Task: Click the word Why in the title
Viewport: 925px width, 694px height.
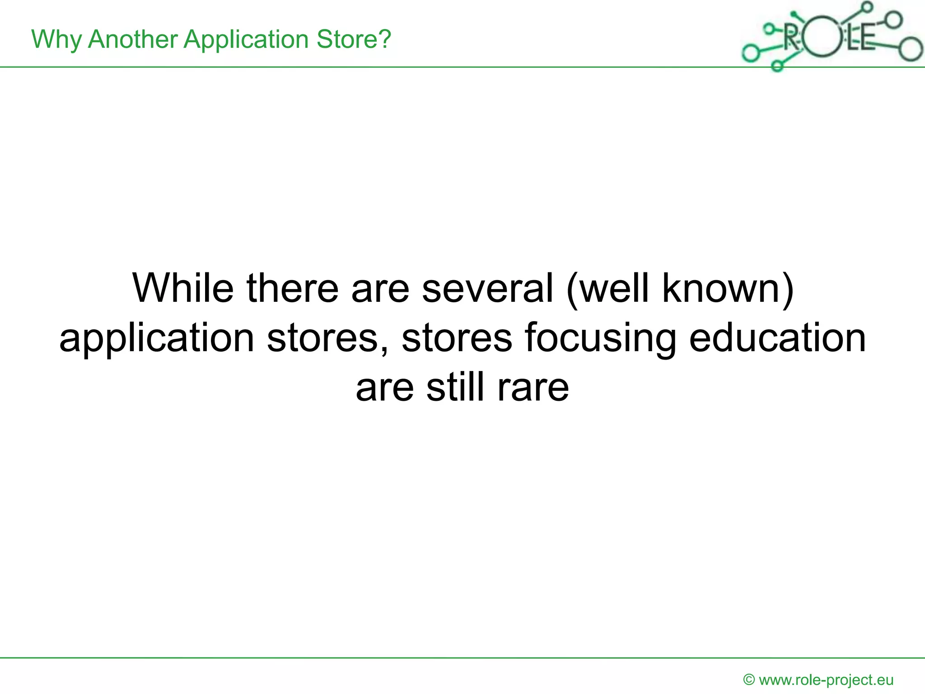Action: (x=56, y=40)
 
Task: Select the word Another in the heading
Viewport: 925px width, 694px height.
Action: (x=133, y=39)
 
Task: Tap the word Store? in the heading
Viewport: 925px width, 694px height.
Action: (x=354, y=39)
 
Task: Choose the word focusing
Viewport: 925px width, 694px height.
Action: (x=600, y=339)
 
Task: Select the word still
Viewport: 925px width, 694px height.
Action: (x=455, y=387)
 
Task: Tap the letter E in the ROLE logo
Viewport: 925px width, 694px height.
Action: (x=866, y=38)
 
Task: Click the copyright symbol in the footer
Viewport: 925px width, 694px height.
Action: (x=749, y=680)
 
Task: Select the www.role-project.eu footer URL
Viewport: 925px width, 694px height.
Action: (x=826, y=680)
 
